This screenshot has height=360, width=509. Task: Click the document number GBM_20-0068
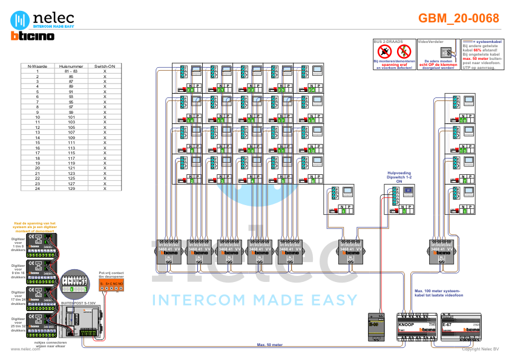459,19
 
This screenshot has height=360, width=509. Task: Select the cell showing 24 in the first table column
38,189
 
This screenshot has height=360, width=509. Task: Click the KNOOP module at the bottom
416,329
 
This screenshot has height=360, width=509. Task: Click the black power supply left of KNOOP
376,327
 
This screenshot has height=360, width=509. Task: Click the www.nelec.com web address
25,349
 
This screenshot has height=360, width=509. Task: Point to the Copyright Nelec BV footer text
481,349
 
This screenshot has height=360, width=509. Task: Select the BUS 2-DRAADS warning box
393,54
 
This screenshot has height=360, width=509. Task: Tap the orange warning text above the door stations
35,226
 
